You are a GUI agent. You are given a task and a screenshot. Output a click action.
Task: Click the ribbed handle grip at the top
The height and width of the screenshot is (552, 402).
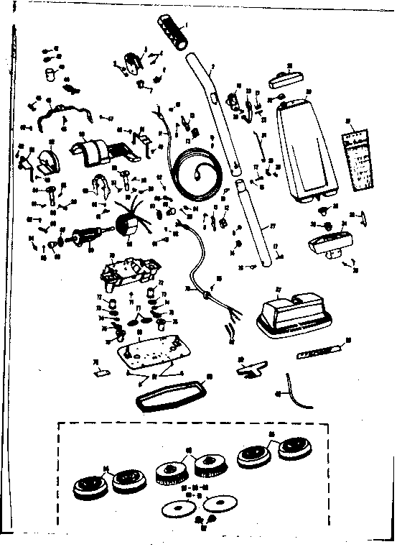coord(169,31)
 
